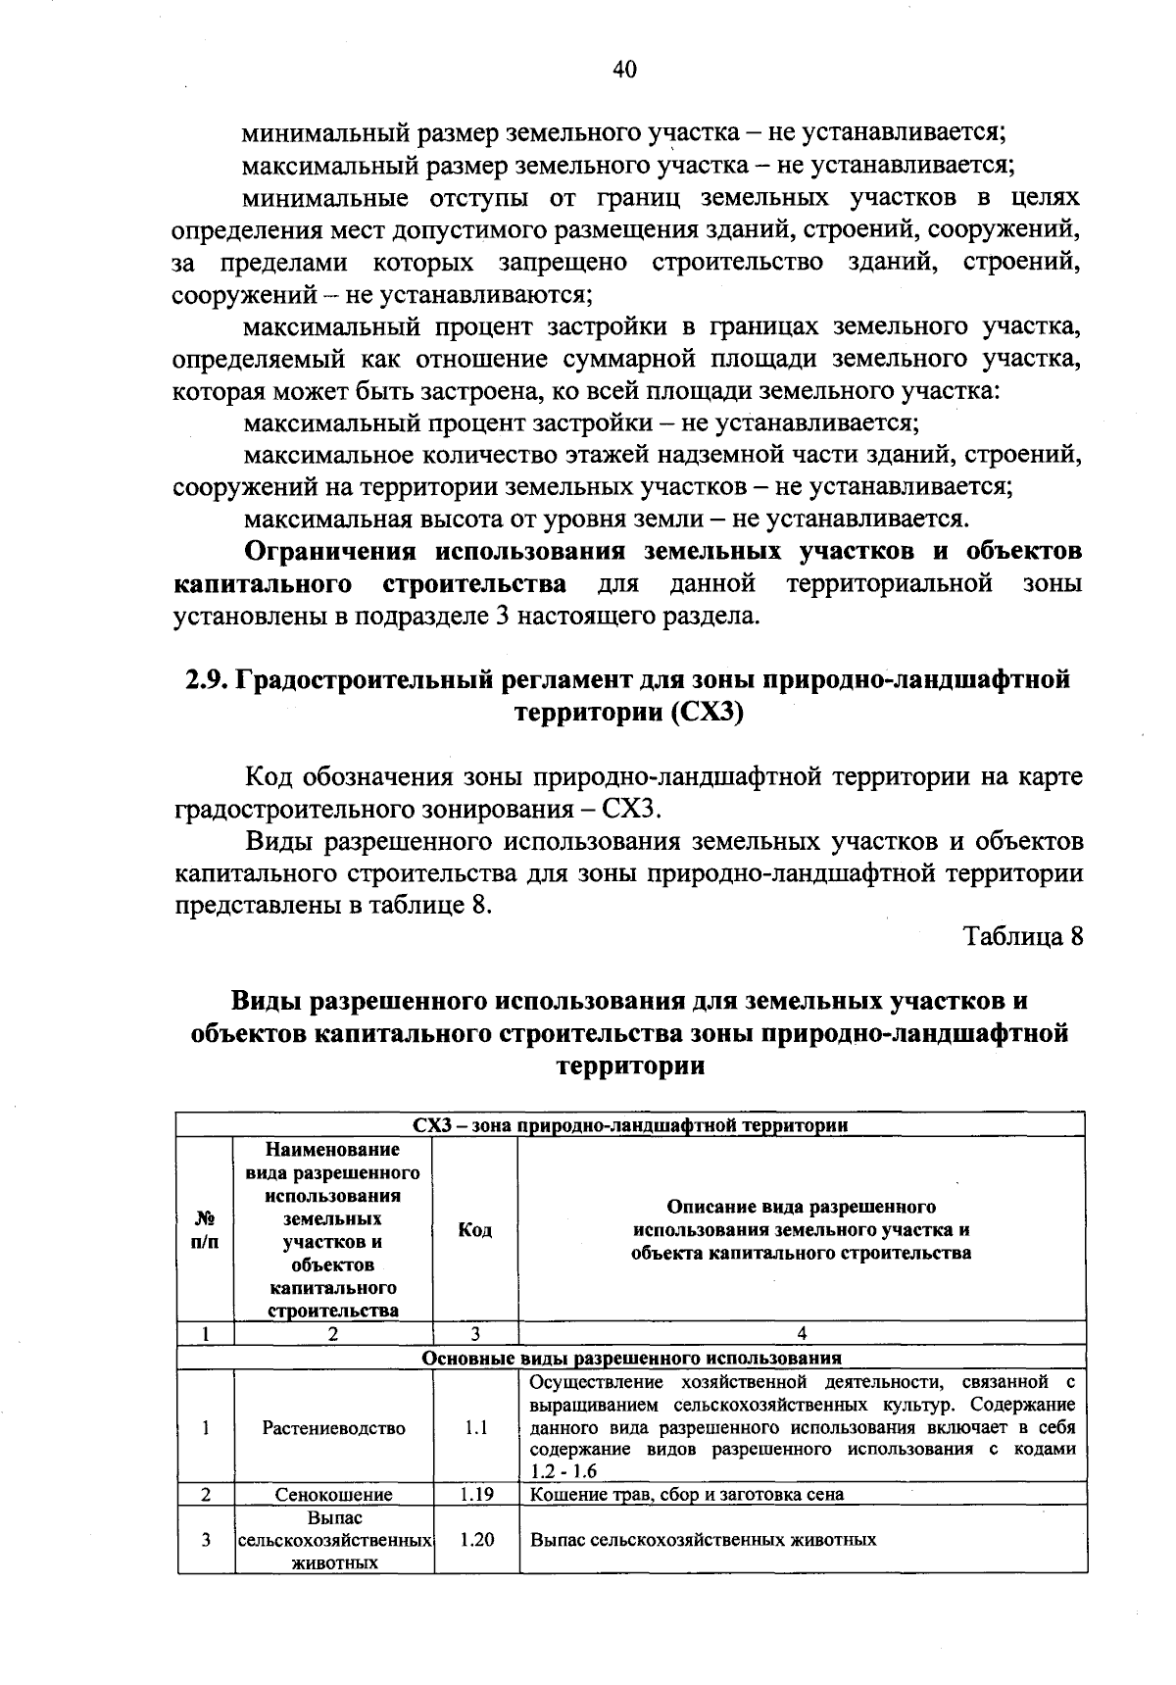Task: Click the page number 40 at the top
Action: (x=624, y=68)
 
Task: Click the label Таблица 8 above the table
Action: (x=1023, y=935)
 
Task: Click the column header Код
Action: (x=475, y=1230)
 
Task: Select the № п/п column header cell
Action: (x=205, y=1230)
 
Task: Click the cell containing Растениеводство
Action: (x=333, y=1428)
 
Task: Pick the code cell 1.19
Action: (x=475, y=1495)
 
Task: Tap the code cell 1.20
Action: (x=475, y=1540)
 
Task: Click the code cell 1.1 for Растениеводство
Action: (x=475, y=1428)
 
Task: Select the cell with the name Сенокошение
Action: (x=333, y=1495)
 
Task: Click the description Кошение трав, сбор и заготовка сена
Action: (x=686, y=1495)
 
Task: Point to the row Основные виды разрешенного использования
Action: (x=631, y=1359)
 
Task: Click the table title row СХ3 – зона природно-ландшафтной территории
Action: (x=631, y=1125)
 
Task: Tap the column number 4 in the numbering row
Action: (x=802, y=1333)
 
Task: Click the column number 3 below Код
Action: (x=475, y=1333)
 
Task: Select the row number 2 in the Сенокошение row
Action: (x=205, y=1495)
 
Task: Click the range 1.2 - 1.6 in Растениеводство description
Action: (x=563, y=1471)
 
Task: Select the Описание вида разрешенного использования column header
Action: (x=802, y=1230)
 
